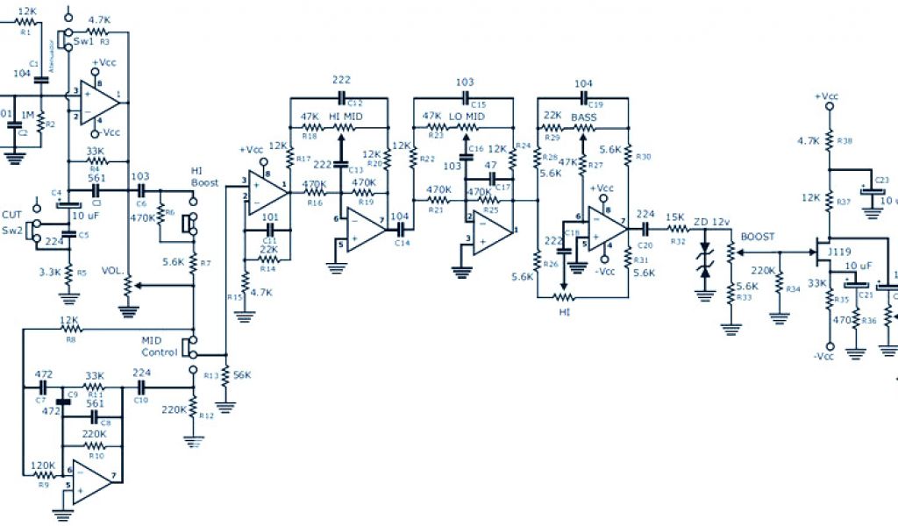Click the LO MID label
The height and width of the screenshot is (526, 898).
467,116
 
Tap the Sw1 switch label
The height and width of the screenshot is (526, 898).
83,40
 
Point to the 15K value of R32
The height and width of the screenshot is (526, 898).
673,217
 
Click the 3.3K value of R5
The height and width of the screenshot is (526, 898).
49,273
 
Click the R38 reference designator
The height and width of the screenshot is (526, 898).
845,140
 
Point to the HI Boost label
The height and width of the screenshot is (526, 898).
203,176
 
